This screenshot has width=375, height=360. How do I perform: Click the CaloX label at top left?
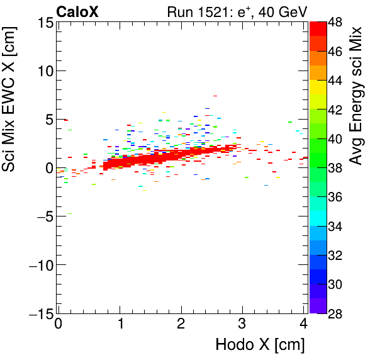77,12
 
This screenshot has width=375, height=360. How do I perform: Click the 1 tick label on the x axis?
120,324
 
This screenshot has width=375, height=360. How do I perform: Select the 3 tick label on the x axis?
243,324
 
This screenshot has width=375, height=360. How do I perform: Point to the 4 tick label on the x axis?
303,324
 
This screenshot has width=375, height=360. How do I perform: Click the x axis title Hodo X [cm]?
260,345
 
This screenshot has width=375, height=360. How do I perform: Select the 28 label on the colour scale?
337,313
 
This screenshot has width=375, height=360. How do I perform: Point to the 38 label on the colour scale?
337,168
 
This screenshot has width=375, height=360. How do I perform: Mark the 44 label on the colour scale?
337,81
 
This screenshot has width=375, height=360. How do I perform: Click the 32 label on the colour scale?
337,256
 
